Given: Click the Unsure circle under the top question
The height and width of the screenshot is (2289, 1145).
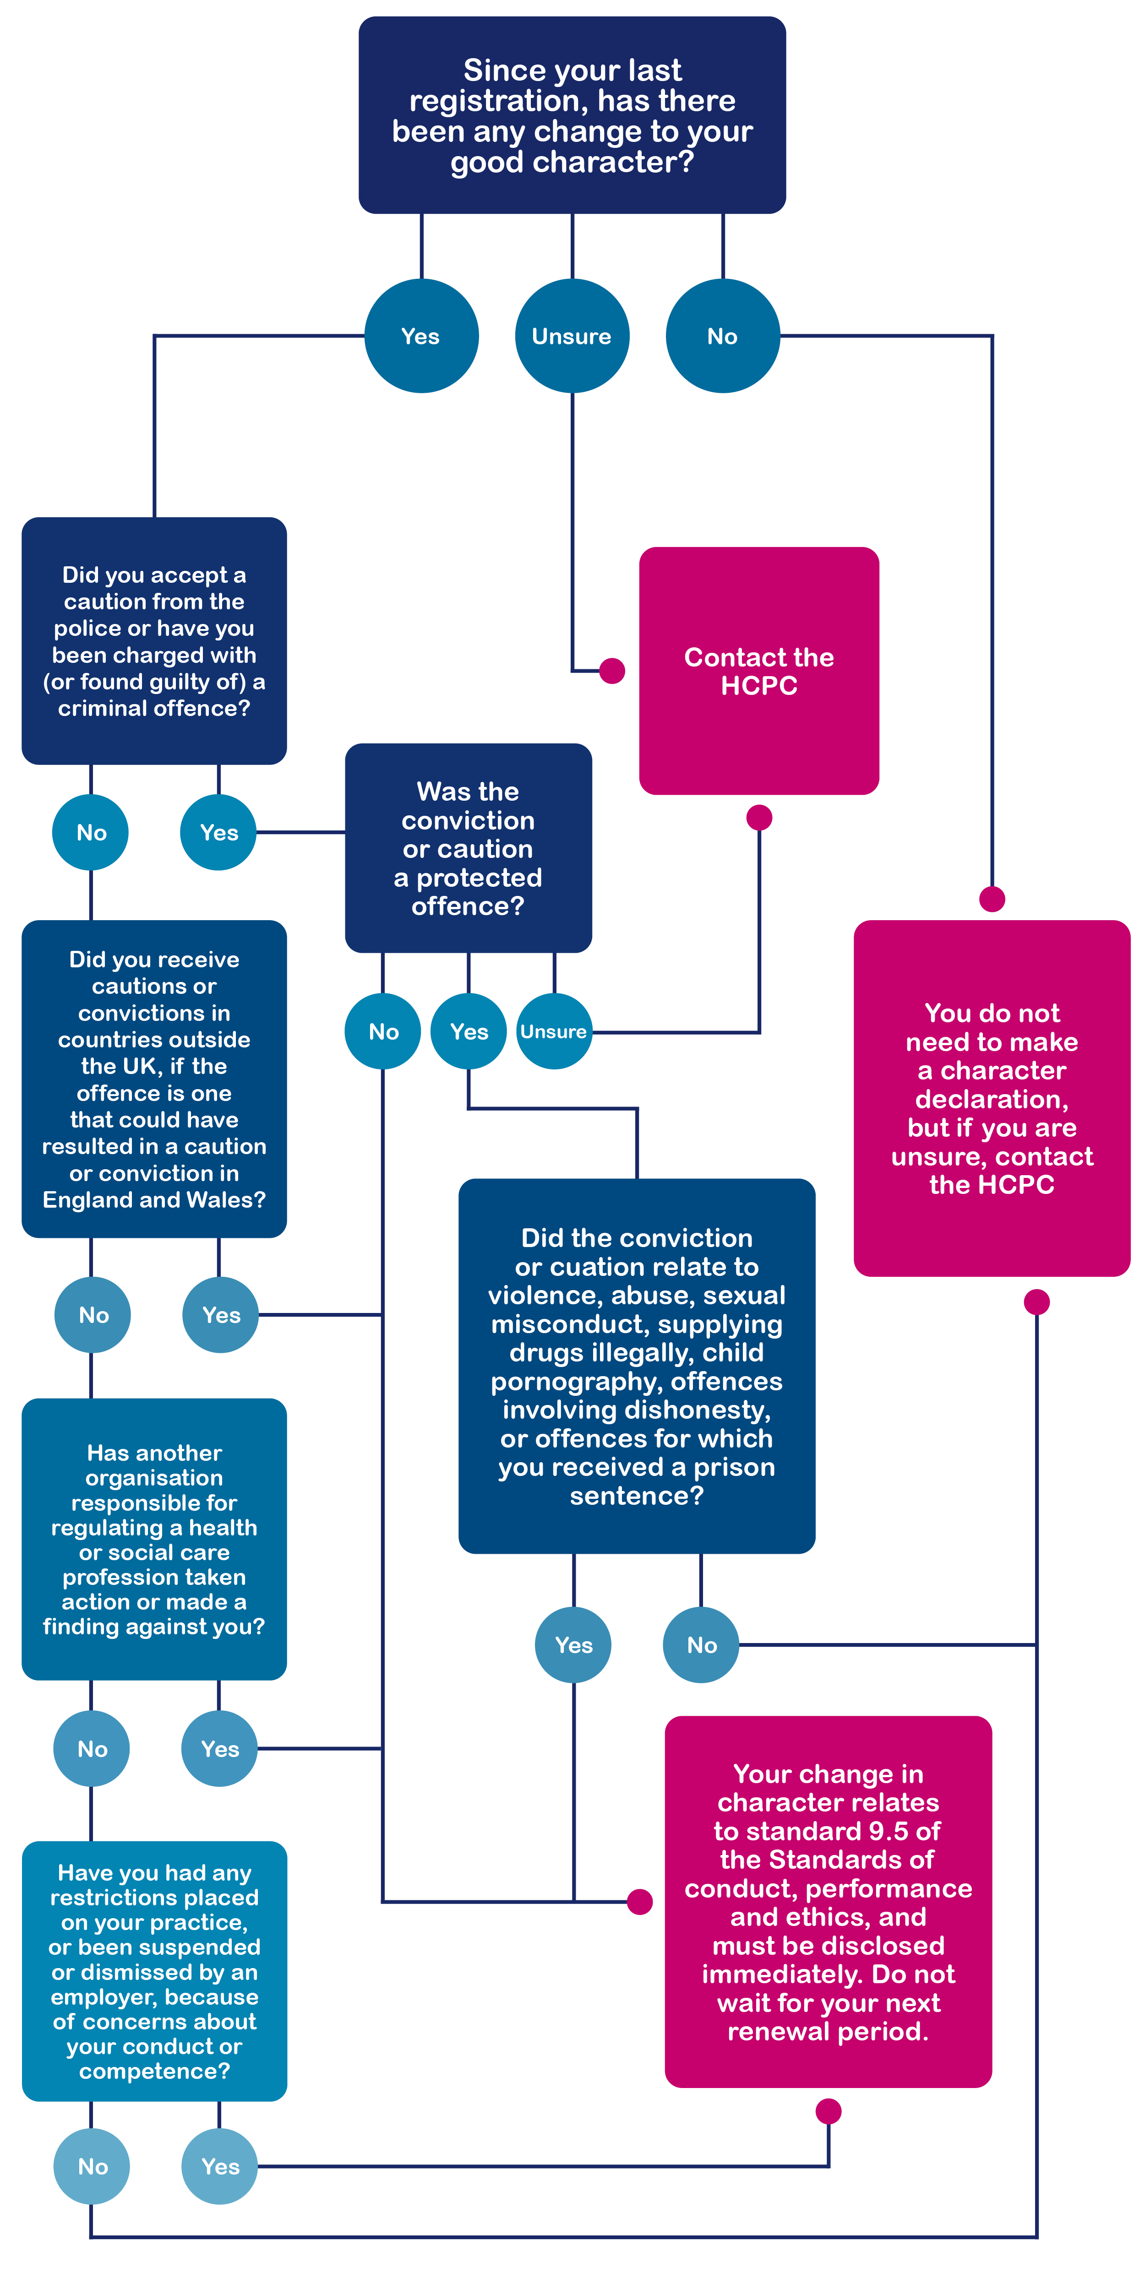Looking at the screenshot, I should [572, 336].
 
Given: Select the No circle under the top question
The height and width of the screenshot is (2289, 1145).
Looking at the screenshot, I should [722, 336].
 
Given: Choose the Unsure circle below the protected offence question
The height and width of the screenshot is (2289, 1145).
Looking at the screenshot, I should [554, 1031].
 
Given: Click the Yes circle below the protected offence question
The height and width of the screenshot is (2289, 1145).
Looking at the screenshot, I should [469, 1031].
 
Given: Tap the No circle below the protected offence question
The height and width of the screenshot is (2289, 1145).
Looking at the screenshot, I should [383, 1031].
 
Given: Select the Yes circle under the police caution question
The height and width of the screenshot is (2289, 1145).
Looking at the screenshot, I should [218, 833].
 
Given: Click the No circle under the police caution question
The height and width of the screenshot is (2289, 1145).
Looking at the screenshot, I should [91, 833].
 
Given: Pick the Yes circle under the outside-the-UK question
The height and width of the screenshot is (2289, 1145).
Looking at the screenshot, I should [220, 1315].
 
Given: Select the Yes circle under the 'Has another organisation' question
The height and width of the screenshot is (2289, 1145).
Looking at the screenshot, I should [219, 1749].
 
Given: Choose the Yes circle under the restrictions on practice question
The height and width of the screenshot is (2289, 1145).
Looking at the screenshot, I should [219, 2166].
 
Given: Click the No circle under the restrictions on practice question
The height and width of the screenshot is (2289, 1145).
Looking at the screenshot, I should [92, 2166].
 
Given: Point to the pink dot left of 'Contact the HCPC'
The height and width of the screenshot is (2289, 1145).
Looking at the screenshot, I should [611, 671].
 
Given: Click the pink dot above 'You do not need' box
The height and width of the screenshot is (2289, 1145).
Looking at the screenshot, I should [992, 899].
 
